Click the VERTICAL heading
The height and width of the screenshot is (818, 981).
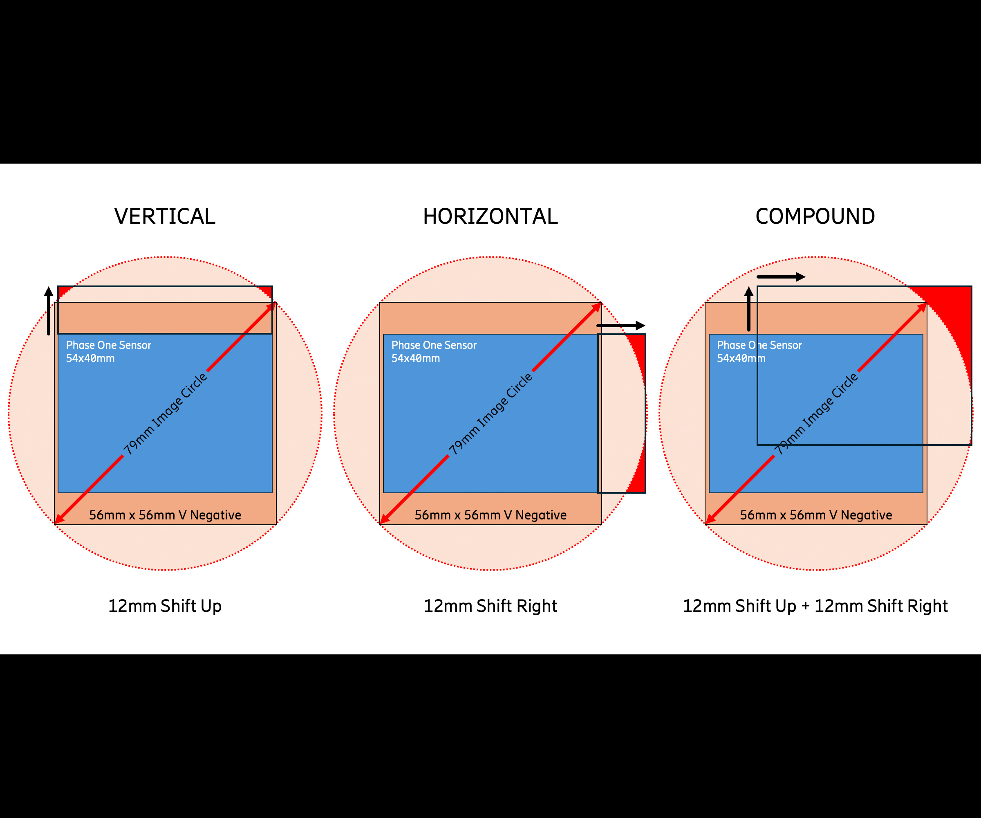164,216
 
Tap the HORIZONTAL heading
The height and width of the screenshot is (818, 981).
490,216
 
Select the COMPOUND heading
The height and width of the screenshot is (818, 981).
815,216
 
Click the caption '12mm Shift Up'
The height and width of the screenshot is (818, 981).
164,606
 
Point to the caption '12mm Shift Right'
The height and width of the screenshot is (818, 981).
490,606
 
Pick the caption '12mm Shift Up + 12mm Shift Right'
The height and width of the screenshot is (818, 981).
815,606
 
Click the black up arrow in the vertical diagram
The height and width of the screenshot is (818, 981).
49,311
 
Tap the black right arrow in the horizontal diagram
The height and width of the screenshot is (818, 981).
621,325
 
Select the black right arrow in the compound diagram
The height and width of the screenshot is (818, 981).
781,277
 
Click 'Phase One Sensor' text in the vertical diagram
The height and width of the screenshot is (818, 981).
108,345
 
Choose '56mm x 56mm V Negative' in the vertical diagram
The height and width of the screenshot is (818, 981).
165,515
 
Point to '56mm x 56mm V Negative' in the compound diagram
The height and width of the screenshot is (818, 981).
815,515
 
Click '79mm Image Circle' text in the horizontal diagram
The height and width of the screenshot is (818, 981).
490,413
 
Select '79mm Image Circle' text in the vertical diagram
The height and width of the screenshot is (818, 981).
165,413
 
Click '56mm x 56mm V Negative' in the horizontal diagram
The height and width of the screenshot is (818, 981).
490,515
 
